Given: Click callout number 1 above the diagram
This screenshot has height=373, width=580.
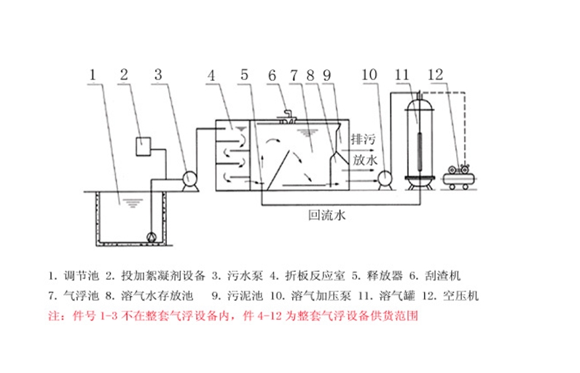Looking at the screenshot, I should [x=93, y=74].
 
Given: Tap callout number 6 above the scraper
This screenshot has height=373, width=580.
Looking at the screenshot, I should [x=272, y=74].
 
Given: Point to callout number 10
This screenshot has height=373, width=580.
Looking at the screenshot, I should [x=370, y=74].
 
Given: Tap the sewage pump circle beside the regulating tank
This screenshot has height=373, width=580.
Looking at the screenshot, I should [x=188, y=178].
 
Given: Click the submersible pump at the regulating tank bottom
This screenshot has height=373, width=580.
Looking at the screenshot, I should [x=152, y=237].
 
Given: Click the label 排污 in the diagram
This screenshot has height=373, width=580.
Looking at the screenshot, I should [x=364, y=138].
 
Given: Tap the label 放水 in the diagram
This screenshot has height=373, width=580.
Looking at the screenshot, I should [x=364, y=159].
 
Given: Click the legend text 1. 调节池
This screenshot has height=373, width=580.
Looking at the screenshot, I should [x=72, y=276].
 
